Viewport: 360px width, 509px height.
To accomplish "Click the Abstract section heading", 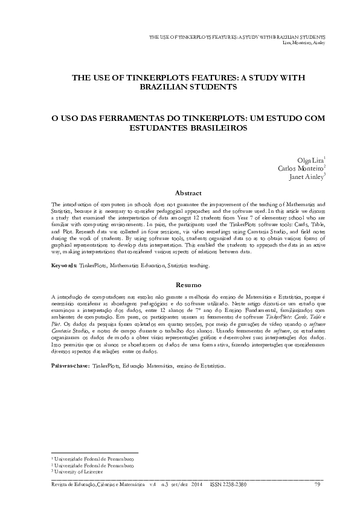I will (x=187, y=193).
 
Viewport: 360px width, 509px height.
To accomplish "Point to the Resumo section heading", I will (x=187, y=284).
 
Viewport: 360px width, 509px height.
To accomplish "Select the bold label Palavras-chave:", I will (x=70, y=366).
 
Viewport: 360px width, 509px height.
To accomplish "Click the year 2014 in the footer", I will (x=196, y=485).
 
